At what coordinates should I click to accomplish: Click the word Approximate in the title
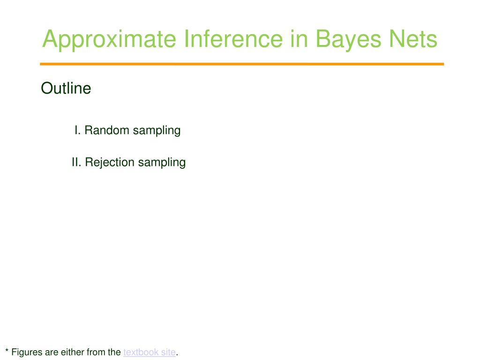109,39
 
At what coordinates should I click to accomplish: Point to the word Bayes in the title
348,40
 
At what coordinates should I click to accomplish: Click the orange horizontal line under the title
242,64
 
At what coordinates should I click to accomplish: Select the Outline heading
66,88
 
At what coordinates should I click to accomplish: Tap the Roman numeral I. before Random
77,130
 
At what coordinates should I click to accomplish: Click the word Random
107,130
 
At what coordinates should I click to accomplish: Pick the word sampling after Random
157,131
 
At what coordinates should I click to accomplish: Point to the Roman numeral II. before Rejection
76,162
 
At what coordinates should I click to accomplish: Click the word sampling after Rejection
162,163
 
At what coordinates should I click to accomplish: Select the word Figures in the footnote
27,352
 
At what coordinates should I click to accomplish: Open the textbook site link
150,352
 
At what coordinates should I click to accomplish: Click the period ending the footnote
177,355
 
